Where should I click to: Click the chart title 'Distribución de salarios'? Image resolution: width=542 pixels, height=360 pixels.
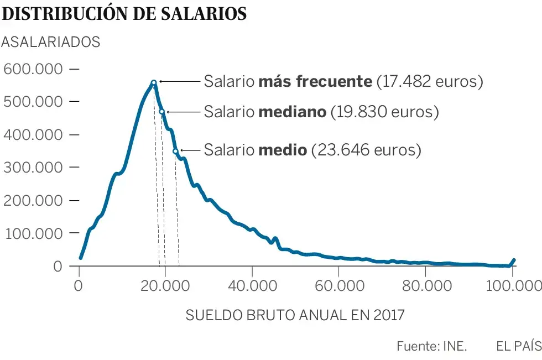point(124,13)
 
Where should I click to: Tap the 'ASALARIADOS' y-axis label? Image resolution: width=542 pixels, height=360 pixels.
point(51,42)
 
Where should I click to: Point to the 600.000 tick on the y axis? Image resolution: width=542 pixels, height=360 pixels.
point(34,69)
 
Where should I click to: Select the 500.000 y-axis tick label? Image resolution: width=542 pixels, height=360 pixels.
point(34,102)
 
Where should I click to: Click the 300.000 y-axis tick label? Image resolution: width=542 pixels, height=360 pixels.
point(34,168)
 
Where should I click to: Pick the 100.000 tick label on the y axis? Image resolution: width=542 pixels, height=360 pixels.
point(34,233)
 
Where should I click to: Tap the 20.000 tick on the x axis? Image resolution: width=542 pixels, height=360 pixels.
point(165,286)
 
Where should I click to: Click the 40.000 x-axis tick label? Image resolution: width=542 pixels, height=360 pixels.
point(252,286)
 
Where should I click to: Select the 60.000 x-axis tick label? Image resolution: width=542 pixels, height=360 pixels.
point(338,286)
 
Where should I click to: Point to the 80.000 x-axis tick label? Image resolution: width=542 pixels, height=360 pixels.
point(425,286)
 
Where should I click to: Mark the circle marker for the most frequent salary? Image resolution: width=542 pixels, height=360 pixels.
point(154,82)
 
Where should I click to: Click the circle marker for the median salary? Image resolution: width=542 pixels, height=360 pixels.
point(162,112)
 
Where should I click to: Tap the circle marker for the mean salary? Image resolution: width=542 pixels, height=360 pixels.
point(175,151)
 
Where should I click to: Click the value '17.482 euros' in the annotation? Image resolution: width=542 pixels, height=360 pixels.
point(429,82)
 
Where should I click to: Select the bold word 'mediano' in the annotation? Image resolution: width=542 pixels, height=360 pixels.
point(292,112)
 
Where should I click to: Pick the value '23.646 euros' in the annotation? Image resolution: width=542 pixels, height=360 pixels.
point(366,150)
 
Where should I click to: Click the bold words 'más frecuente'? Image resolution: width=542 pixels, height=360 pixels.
point(315,82)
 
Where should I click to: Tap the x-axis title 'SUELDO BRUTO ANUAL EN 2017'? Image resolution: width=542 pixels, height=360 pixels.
point(295,316)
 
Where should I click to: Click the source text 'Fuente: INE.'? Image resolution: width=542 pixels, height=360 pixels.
point(432,347)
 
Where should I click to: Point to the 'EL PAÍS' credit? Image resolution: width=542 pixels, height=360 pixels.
point(519,347)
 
